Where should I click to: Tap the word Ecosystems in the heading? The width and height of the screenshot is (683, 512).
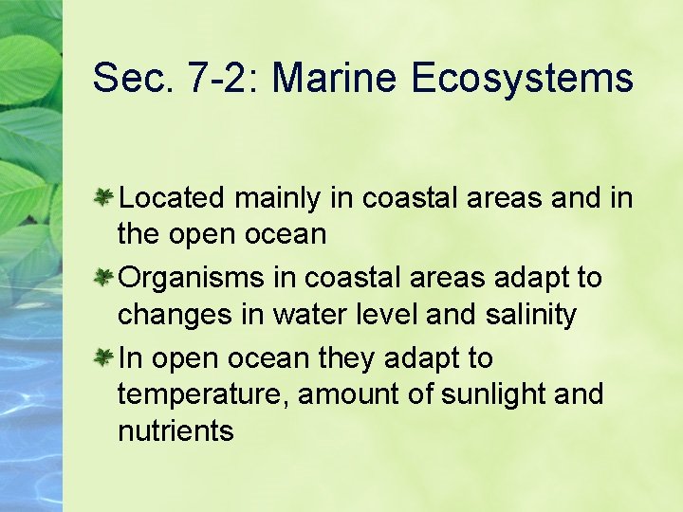(522, 77)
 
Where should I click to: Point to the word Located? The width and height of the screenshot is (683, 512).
(172, 198)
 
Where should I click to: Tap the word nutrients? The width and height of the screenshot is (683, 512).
(175, 431)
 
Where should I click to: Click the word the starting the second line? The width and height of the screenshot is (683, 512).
(139, 234)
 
